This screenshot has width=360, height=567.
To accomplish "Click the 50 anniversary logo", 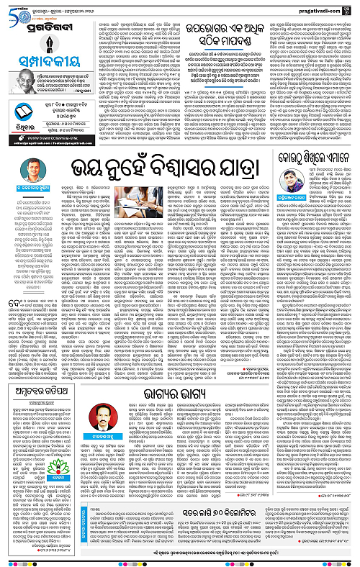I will (12, 11).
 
